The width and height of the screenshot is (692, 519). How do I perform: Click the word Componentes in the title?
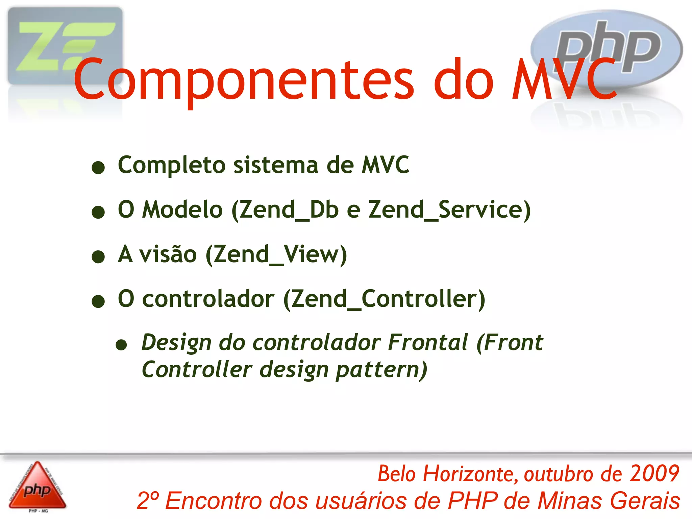coord(243,80)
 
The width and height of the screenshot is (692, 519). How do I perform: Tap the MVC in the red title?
coord(564,80)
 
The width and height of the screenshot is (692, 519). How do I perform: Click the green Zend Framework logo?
coord(65,46)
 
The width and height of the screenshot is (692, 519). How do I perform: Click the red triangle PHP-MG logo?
coord(37,487)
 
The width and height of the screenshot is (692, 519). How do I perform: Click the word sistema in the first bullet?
coord(276,166)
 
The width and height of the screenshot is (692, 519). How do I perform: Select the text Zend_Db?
coord(289,210)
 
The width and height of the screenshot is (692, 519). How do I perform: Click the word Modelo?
coord(182,210)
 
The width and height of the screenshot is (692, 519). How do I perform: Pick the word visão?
coord(168,255)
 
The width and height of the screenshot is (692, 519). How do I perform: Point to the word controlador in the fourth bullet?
coord(208,299)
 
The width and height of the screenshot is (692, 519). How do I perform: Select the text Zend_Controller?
coord(384,299)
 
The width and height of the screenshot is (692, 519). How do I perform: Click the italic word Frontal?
coord(428,343)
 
